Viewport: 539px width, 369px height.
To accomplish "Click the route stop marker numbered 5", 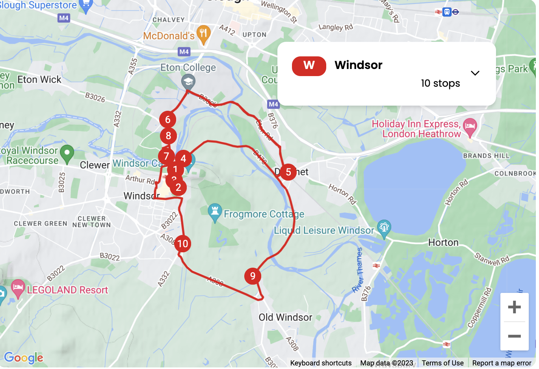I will pos(288,172).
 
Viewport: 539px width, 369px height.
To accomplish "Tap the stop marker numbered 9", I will pos(253,276).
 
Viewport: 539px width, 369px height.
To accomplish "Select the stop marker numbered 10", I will pos(182,244).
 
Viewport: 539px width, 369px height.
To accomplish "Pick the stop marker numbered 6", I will pos(167,119).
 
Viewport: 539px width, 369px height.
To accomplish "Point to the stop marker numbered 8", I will pos(168,136).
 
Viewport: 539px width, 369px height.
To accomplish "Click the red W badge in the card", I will pos(309,65).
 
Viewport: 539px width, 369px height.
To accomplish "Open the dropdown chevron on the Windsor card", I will pos(475,73).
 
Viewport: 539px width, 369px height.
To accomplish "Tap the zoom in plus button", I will pos(514,307).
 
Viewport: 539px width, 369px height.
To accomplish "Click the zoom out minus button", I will pos(514,336).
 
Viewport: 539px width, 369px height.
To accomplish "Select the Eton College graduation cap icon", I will pos(188,82).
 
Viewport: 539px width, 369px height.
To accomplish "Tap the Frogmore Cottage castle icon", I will pos(215,212).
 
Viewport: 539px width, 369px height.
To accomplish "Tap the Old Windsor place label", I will pos(285,317).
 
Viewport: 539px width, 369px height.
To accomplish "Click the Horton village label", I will pos(443,242).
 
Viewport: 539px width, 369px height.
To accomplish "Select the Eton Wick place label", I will pos(39,80).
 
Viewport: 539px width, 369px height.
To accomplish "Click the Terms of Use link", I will pos(442,363).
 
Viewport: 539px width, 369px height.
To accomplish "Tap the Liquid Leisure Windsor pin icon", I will pos(384,227).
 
